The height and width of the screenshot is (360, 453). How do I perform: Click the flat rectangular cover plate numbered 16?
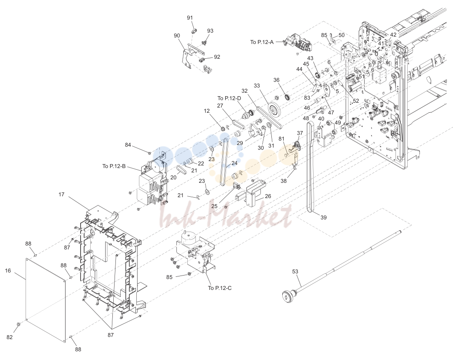click(46, 300)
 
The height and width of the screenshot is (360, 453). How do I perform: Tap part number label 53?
click(295, 272)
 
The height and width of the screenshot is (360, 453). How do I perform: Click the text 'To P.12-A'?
click(262, 42)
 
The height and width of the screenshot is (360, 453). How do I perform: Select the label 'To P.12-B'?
click(114, 166)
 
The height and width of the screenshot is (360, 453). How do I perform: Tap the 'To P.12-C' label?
click(220, 288)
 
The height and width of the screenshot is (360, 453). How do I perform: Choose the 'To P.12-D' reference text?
click(229, 98)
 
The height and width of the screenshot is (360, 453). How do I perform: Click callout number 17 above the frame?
click(61, 195)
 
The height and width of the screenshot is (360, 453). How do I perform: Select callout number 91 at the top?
click(189, 18)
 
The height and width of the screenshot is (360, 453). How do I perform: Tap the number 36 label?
click(277, 80)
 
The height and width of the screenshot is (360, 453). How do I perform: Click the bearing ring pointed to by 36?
click(287, 97)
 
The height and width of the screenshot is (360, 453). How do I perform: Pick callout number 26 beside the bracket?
click(268, 196)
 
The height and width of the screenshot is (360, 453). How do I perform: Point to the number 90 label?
click(177, 36)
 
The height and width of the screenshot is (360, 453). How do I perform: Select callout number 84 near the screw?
click(128, 145)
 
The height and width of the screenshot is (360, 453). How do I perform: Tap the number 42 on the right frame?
click(393, 35)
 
